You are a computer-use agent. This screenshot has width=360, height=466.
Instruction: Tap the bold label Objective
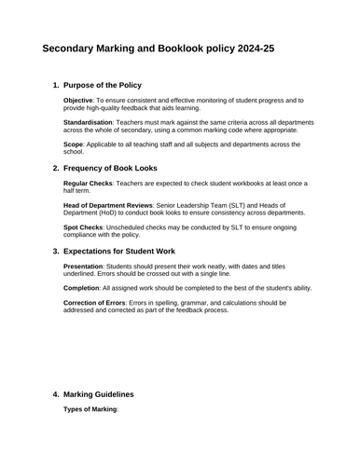77,100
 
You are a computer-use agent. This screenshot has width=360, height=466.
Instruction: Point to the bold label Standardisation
88,122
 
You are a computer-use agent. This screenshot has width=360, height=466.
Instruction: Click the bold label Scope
74,144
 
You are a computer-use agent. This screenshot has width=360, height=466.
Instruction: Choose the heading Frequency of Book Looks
118,168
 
